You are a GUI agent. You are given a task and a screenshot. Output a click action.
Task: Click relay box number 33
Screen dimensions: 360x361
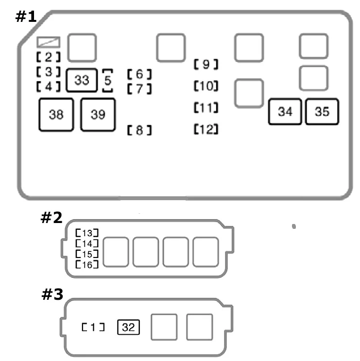(x=82, y=80)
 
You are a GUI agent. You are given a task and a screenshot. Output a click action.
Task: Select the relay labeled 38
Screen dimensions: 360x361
(x=56, y=115)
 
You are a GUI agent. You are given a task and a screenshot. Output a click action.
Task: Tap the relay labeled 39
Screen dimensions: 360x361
(x=98, y=115)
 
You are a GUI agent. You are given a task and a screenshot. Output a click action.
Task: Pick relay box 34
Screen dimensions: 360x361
(x=285, y=112)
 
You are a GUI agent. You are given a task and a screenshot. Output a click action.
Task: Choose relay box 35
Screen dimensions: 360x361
(x=322, y=112)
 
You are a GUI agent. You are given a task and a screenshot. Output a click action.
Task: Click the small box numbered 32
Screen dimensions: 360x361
(x=128, y=327)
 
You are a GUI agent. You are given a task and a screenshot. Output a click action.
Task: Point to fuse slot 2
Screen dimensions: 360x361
(x=49, y=57)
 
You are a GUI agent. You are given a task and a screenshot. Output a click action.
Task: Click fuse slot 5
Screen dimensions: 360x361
(x=107, y=81)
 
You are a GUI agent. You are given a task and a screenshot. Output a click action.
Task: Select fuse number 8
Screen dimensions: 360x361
(x=139, y=130)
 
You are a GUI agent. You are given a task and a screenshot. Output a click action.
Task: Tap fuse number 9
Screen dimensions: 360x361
(x=206, y=64)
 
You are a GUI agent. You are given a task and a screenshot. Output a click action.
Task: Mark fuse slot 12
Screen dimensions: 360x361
(x=206, y=129)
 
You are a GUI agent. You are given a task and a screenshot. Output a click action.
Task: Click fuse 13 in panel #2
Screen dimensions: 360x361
(x=87, y=233)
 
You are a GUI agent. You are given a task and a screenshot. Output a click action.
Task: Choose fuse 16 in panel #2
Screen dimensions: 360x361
(x=87, y=264)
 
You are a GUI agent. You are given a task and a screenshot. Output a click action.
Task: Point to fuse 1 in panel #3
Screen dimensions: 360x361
(x=93, y=327)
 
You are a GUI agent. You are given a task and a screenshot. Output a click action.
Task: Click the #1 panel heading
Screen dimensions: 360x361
(x=26, y=17)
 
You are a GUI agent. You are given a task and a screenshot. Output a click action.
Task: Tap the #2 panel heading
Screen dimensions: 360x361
(x=51, y=218)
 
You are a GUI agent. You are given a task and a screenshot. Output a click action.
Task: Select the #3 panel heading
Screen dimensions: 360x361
(x=52, y=294)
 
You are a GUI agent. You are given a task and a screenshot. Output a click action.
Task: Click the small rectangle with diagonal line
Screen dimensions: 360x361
(x=49, y=42)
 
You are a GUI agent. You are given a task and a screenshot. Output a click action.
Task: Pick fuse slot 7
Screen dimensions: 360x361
(x=139, y=89)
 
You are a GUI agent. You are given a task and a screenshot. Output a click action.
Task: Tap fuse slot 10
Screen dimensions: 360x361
(x=206, y=86)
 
